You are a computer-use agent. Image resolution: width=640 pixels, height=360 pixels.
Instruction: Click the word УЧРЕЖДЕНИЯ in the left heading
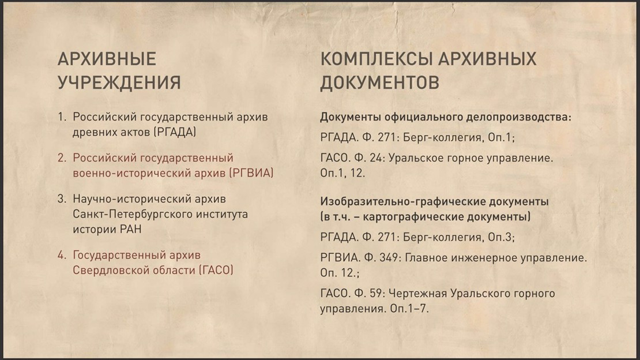[x=119, y=82]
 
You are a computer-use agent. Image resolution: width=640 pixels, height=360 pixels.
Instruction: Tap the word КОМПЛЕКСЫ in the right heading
[x=377, y=59]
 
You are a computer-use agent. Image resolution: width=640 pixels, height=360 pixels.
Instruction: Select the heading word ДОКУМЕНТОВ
[x=379, y=82]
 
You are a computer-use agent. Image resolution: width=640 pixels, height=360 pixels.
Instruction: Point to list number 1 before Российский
[x=62, y=117]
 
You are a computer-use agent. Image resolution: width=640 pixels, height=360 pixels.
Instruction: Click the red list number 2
[x=62, y=157]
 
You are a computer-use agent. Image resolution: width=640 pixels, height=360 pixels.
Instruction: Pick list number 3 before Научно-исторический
[x=62, y=199]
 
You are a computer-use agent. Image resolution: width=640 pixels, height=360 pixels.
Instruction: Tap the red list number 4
[x=62, y=255]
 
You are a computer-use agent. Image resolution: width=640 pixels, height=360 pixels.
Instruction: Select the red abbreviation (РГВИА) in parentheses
[x=251, y=173]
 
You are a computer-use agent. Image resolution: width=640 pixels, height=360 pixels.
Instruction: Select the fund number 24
[x=377, y=158]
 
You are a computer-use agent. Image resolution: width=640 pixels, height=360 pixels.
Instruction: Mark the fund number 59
[x=377, y=294]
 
